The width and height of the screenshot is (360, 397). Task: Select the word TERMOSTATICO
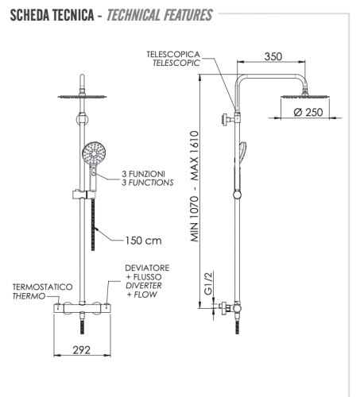pos(43,286)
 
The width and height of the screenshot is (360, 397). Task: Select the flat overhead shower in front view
pos(82,97)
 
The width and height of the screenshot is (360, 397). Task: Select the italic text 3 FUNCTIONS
pos(148,183)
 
